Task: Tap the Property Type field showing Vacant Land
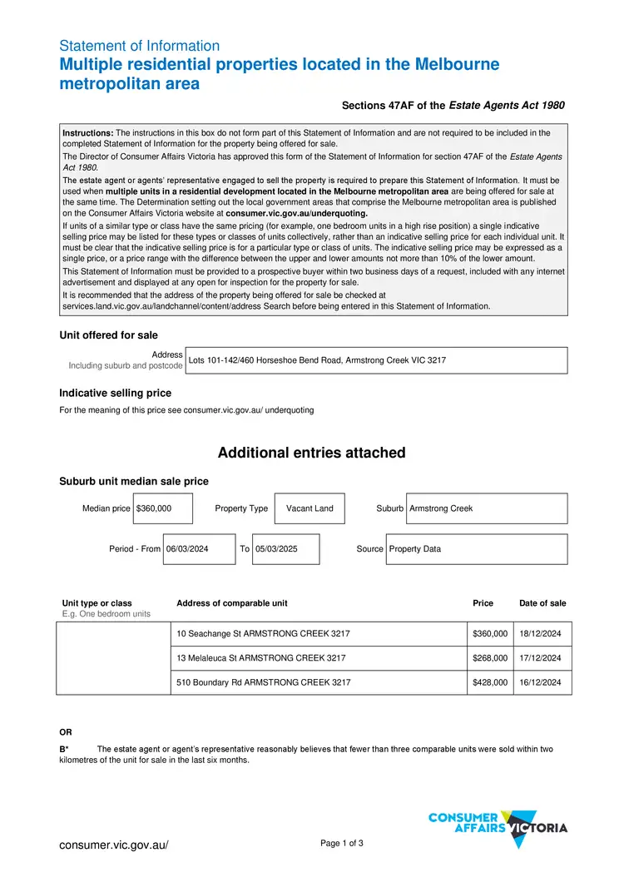[310, 508]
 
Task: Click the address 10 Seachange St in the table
[263, 634]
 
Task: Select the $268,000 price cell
[490, 658]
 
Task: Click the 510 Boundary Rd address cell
[263, 682]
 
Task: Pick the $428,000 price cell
[490, 682]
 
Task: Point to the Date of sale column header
[542, 603]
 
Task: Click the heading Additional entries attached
[311, 453]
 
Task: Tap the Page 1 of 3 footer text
[342, 844]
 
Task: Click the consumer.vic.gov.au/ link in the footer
[113, 845]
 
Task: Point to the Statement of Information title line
[140, 46]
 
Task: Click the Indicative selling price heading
[115, 393]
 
